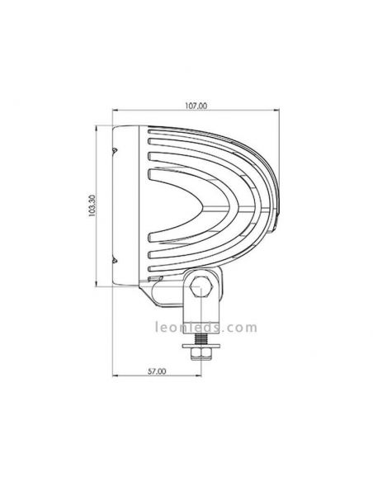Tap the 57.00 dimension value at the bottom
[153, 372]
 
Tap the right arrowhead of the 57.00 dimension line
[198, 380]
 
